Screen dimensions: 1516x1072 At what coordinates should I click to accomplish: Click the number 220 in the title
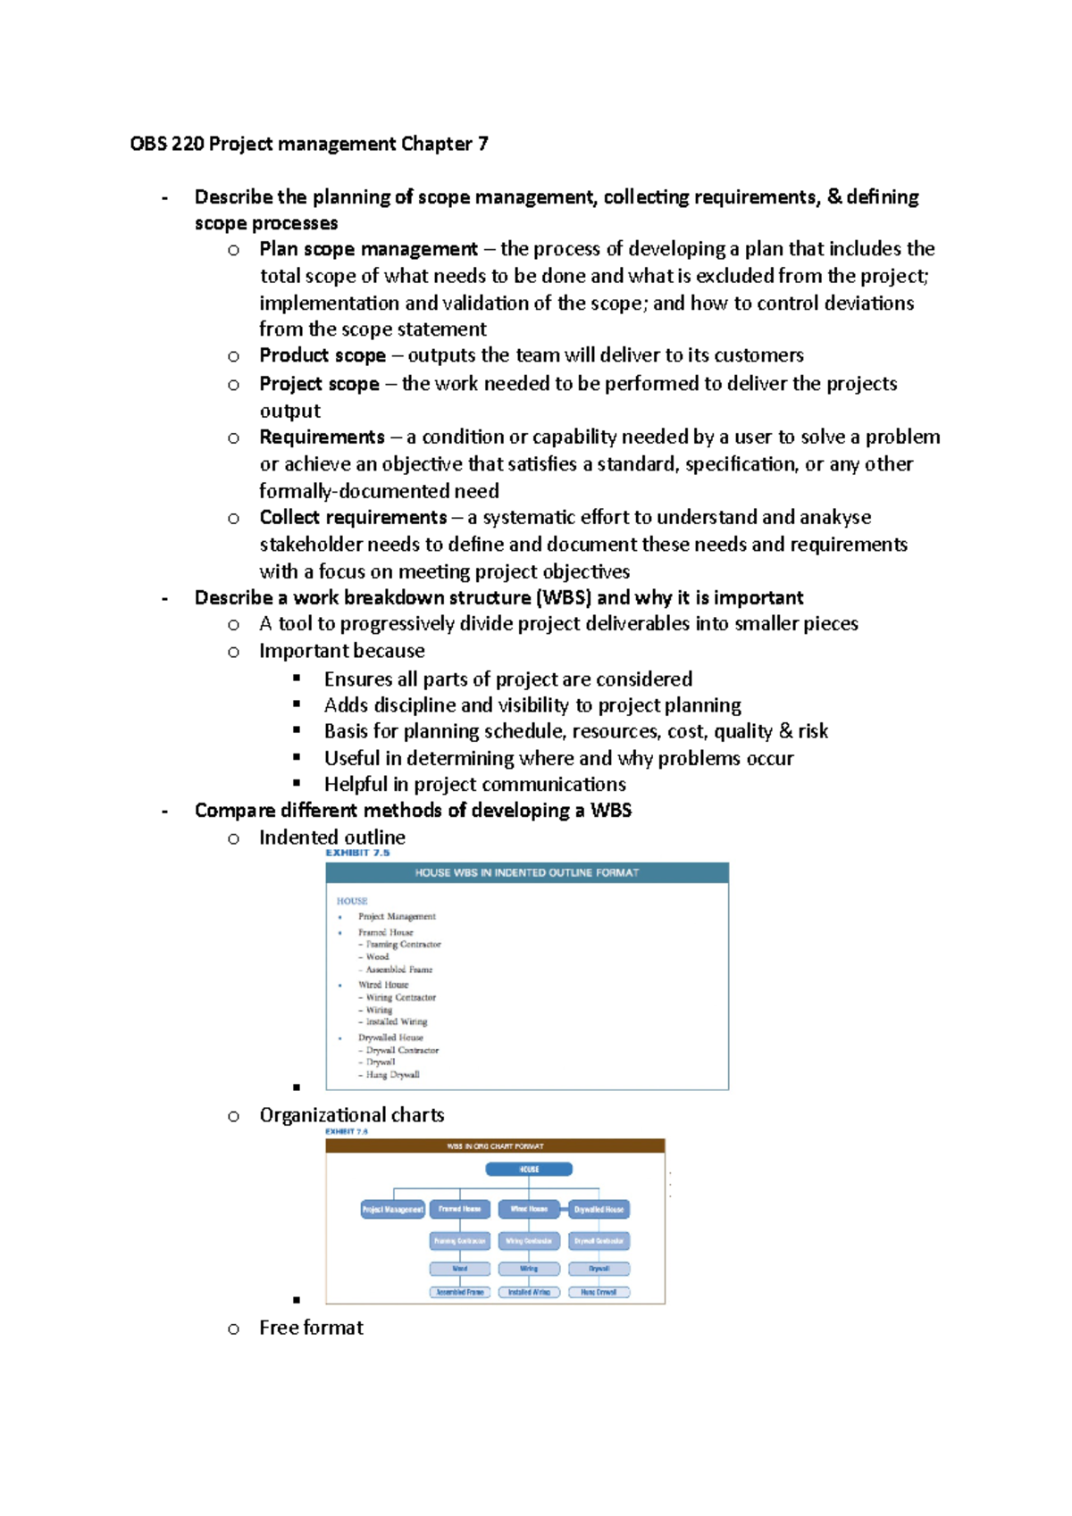coord(188,144)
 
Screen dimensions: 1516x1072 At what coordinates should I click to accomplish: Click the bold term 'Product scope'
coord(322,355)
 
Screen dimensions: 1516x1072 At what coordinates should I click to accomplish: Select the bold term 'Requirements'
coord(322,437)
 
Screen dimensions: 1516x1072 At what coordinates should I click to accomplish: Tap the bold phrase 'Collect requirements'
coord(353,518)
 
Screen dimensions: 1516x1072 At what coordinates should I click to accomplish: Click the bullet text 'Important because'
coord(342,651)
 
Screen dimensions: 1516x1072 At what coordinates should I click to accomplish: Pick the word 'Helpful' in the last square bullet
coord(356,784)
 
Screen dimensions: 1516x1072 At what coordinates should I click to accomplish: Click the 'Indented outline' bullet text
coord(332,837)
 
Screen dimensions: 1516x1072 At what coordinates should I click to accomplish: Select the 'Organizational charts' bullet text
coord(352,1115)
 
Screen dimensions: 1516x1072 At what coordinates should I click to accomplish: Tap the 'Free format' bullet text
coord(312,1328)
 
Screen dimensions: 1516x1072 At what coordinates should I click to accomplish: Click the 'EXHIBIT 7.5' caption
coord(357,854)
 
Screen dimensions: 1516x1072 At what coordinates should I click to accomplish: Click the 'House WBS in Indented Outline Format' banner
coord(527,873)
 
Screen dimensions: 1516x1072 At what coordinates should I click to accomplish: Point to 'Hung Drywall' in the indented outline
coord(392,1075)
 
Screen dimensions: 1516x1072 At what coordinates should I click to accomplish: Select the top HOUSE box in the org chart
coord(529,1170)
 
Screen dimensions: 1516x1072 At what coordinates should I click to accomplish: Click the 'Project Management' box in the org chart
coord(393,1210)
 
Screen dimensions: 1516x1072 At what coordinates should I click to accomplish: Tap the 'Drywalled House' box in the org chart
coord(599,1210)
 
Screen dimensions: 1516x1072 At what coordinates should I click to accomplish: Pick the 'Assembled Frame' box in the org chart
coord(460,1292)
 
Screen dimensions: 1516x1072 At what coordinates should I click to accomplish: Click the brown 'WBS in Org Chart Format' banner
coord(496,1146)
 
